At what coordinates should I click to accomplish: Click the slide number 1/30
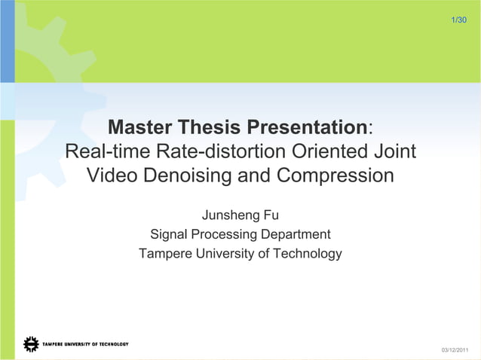(x=458, y=18)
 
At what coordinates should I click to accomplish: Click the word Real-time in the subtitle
(x=107, y=151)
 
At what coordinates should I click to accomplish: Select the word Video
(x=115, y=176)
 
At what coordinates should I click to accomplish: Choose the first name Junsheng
(x=228, y=215)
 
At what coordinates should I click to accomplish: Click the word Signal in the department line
(x=169, y=234)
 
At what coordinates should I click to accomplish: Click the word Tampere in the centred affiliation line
(x=166, y=254)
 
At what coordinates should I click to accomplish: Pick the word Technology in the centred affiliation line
(x=307, y=254)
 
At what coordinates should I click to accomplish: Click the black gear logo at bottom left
(x=31, y=344)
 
